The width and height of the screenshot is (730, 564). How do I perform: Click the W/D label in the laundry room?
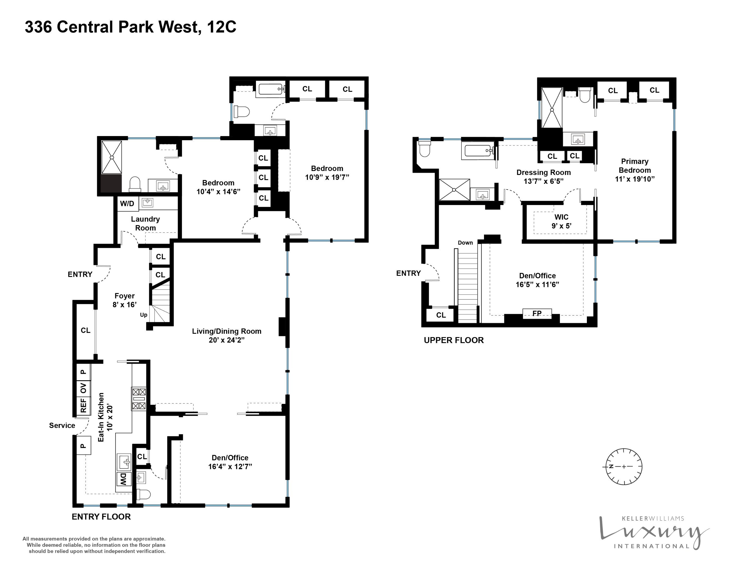click(127, 203)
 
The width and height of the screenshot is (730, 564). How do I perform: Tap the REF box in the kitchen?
click(83, 405)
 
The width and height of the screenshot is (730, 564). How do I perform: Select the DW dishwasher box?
click(123, 479)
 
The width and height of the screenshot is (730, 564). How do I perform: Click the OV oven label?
click(83, 388)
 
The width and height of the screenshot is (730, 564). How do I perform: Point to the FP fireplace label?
click(537, 313)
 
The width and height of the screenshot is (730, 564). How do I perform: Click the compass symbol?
click(624, 466)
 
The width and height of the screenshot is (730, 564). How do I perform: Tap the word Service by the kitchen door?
click(62, 425)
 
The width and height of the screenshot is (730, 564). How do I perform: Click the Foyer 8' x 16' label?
click(124, 300)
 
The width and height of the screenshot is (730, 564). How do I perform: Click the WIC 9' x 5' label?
click(561, 221)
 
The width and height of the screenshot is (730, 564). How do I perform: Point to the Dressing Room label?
click(544, 177)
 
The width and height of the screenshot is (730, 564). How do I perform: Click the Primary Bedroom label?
click(634, 170)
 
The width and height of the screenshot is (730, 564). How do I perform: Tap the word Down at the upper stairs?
click(465, 243)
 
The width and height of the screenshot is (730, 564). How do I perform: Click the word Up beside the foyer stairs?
click(143, 315)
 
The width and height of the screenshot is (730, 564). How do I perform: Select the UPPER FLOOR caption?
click(454, 340)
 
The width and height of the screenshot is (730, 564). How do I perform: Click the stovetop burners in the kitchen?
click(138, 399)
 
